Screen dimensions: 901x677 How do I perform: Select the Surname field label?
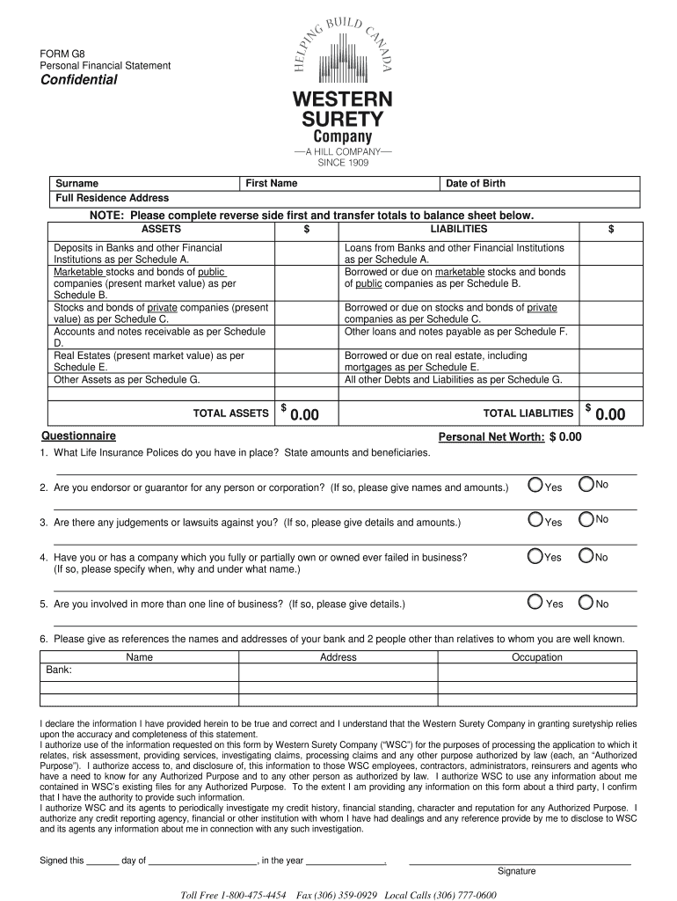tap(76, 183)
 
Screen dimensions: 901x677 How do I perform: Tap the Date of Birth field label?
tap(476, 183)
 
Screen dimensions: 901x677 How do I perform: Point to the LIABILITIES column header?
tap(453, 229)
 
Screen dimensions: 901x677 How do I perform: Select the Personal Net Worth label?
tap(491, 436)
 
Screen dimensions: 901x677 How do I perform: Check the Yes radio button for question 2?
tap(535, 485)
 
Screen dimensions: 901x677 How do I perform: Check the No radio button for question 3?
tap(586, 519)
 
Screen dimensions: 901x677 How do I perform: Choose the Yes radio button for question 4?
tap(535, 555)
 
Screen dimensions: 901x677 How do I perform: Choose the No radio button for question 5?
tap(586, 603)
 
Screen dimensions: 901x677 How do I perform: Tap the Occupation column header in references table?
tap(536, 657)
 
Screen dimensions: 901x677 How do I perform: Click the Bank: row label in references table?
tap(59, 670)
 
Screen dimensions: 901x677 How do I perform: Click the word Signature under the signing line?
tap(516, 871)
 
